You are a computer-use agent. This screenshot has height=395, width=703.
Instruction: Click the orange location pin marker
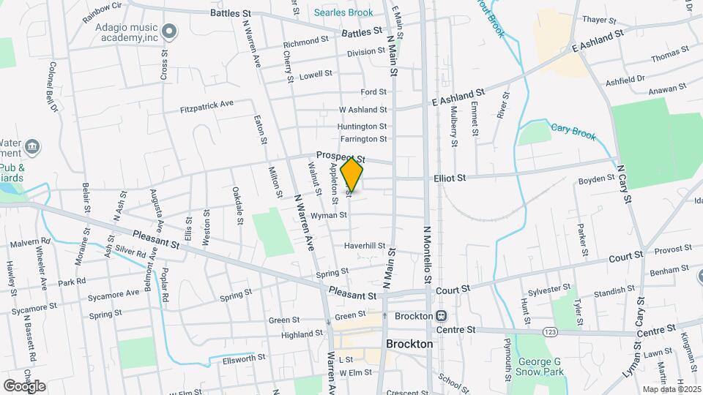click(352, 175)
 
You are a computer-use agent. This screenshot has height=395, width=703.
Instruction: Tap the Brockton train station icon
click(442, 316)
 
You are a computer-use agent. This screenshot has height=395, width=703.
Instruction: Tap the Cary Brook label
click(573, 131)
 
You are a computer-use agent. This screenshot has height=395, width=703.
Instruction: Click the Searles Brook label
click(343, 12)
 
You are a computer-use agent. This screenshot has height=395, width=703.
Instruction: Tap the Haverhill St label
click(365, 245)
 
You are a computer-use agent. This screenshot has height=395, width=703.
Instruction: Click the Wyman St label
click(328, 216)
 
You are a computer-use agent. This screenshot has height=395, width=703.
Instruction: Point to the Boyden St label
click(596, 178)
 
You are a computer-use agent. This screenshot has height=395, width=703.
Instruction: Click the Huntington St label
click(362, 126)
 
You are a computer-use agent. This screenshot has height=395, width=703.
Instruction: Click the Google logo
click(24, 385)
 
